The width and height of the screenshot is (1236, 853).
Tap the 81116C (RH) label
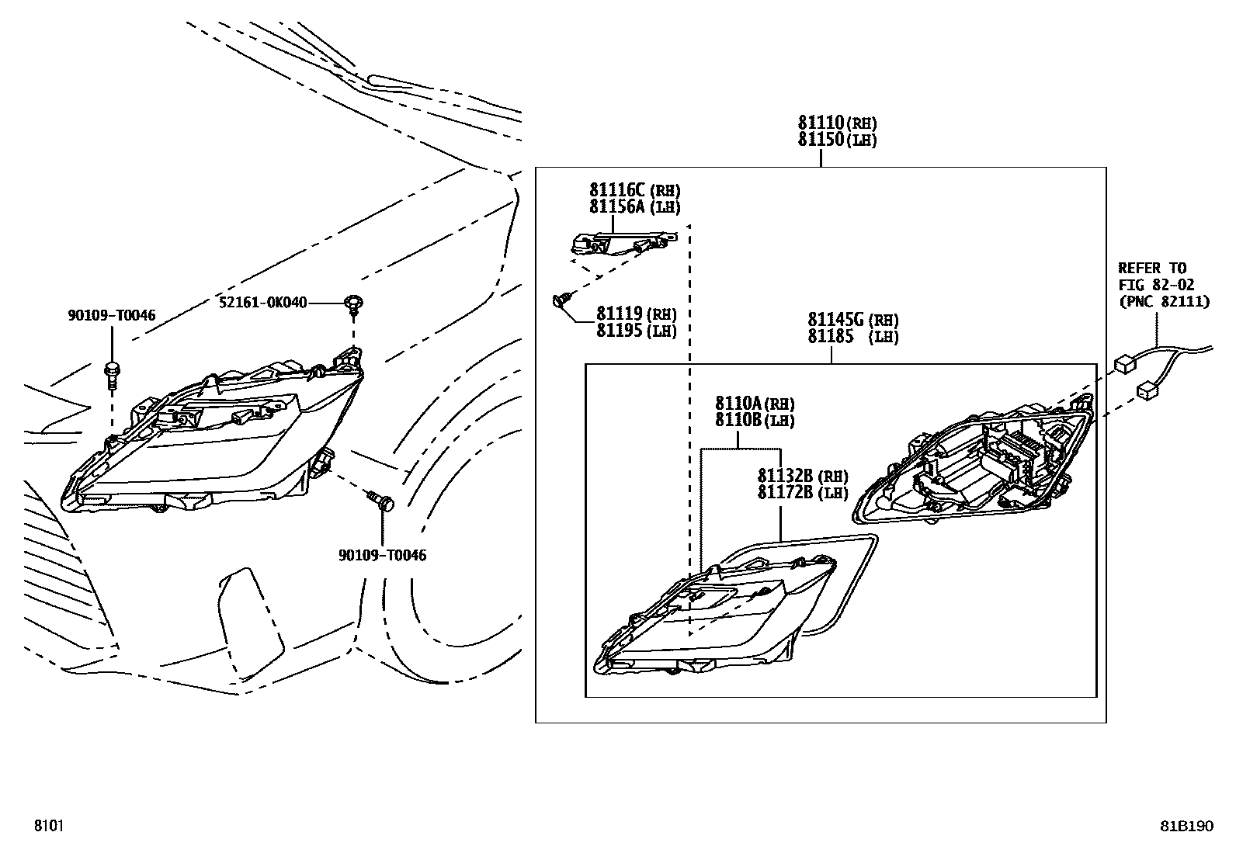pyautogui.click(x=634, y=190)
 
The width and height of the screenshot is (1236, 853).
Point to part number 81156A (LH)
pyautogui.click(x=634, y=207)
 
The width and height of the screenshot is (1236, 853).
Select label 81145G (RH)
pyautogui.click(x=852, y=320)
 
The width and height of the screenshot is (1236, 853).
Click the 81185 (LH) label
pyautogui.click(x=852, y=337)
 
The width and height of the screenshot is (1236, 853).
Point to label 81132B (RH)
pyautogui.click(x=803, y=476)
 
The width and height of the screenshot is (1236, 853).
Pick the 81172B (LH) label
pyautogui.click(x=803, y=493)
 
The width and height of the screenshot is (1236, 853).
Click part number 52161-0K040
pyautogui.click(x=263, y=302)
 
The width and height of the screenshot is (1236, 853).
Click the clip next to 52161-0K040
pyautogui.click(x=354, y=303)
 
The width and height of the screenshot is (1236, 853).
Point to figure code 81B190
pyautogui.click(x=1186, y=826)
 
